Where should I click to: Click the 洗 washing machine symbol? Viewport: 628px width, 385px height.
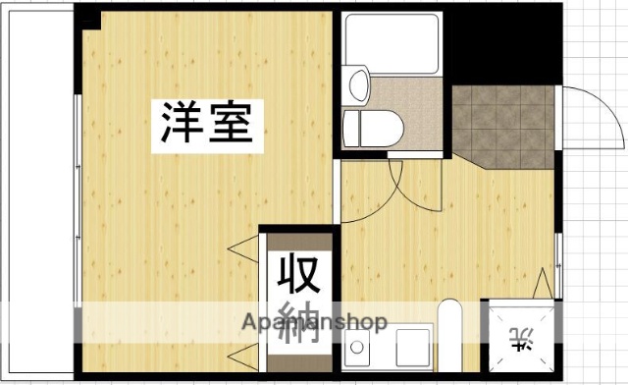coord(520,343)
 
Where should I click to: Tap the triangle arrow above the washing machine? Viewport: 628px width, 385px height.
coord(542,284)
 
